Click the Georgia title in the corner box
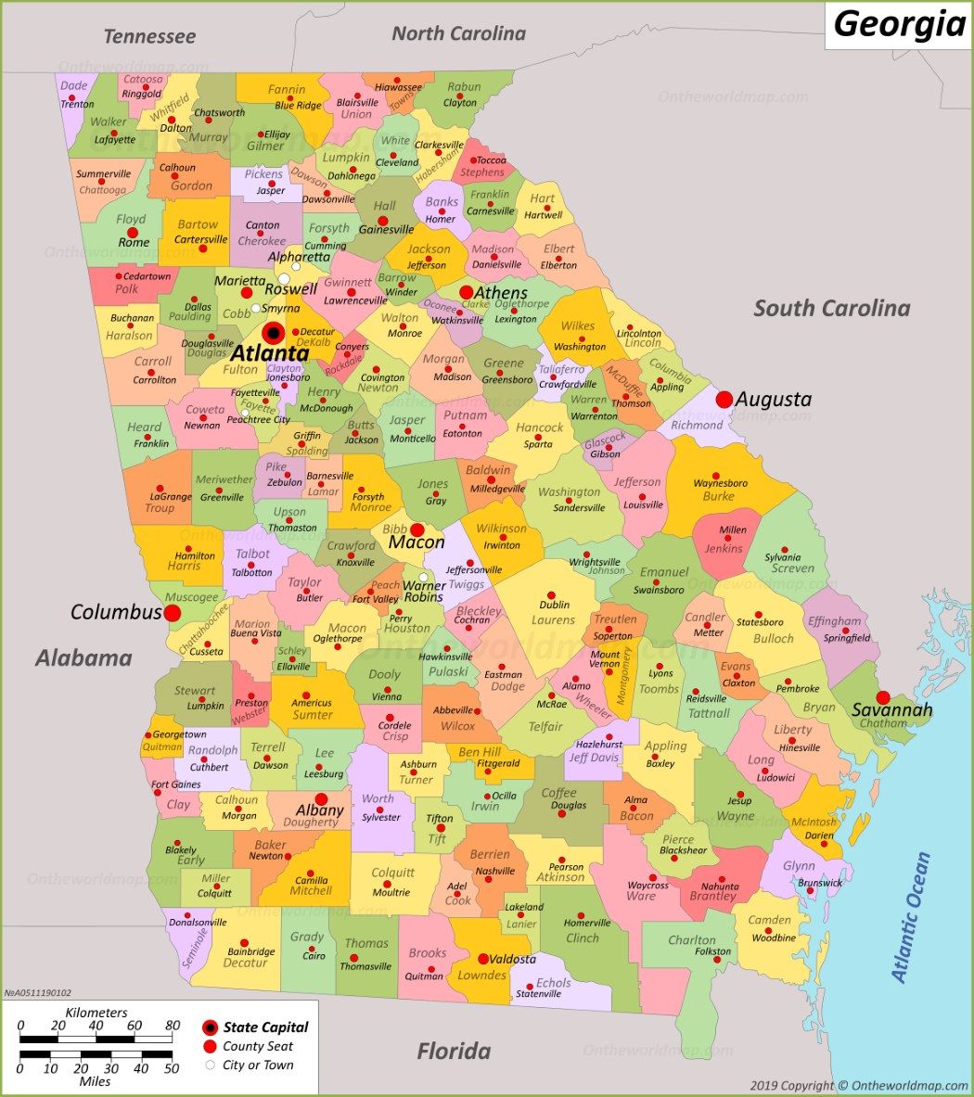[899, 23]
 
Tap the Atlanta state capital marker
[273, 333]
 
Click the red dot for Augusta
[724, 400]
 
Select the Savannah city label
[892, 710]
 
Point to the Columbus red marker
[173, 613]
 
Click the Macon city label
[417, 542]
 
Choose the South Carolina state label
[831, 308]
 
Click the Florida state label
[454, 1051]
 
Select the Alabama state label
[83, 657]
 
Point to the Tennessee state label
[149, 36]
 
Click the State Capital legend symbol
[210, 1027]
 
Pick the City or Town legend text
[258, 1065]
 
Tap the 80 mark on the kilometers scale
[173, 1026]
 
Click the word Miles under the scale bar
[95, 1081]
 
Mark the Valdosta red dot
[483, 959]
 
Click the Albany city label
[320, 810]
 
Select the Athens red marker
[466, 292]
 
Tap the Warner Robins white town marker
[423, 577]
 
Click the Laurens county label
[553, 619]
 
